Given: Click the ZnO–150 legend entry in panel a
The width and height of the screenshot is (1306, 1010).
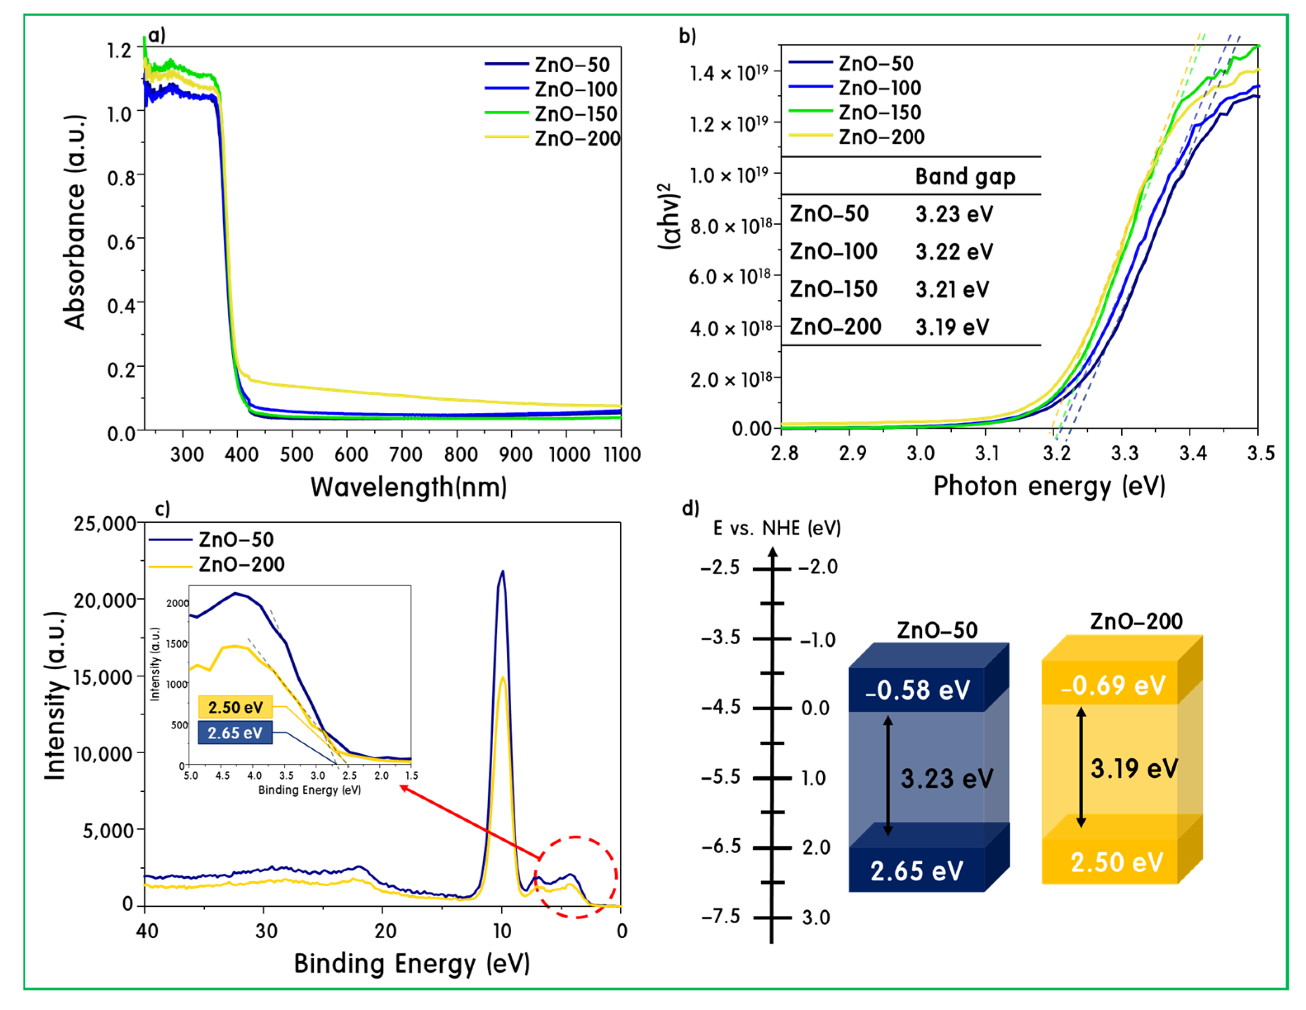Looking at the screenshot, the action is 551,113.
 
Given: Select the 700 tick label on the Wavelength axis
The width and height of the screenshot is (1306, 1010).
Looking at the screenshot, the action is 406,455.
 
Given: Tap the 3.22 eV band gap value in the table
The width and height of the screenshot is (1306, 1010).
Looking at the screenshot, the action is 954,252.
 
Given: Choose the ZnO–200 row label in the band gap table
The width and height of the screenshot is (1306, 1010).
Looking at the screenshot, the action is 835,326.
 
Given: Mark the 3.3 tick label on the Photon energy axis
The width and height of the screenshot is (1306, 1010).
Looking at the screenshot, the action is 1124,453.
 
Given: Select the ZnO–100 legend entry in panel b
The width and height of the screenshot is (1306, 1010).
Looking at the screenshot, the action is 855,88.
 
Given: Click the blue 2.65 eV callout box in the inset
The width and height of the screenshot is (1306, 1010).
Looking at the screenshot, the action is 235,733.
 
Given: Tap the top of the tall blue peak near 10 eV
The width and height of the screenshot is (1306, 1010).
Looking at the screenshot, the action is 503,571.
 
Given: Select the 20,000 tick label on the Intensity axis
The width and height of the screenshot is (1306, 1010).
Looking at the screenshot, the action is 105,601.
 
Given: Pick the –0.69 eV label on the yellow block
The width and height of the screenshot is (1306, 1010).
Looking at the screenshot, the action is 1113,685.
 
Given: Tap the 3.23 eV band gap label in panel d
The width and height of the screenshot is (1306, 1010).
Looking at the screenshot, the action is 947,778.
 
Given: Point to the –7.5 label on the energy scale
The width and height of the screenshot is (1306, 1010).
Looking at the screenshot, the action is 720,916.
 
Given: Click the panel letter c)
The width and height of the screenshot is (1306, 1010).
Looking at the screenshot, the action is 162,508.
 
